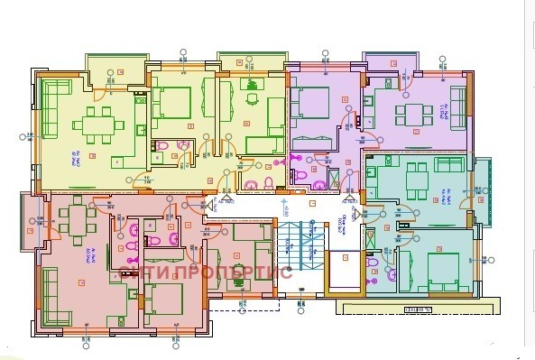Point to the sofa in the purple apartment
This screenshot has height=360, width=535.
click(460, 113)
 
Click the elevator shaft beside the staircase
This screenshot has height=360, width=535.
click(343, 271)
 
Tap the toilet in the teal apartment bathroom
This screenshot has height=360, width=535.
click(391, 271)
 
